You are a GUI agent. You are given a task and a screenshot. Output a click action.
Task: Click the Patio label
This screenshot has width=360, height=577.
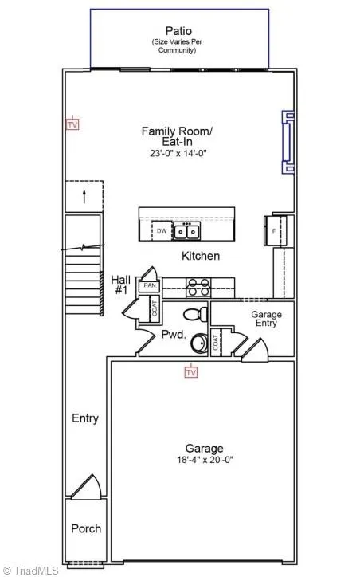pos(178,31)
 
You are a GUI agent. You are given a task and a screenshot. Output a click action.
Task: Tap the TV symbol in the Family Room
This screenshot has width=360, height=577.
pos(72,124)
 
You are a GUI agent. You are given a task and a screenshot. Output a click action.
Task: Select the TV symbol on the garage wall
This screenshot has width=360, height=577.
pos(191,372)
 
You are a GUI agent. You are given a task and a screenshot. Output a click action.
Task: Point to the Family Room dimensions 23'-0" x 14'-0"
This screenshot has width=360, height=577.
pos(178,153)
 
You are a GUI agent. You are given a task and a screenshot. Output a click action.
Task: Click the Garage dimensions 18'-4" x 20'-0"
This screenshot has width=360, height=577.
pos(205,460)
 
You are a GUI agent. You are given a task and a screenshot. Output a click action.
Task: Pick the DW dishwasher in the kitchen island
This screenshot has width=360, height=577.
pos(162,231)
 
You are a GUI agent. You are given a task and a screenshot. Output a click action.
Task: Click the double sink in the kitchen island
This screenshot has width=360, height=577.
pos(187,231)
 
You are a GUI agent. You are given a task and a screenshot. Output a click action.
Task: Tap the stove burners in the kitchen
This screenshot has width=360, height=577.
pos(198,288)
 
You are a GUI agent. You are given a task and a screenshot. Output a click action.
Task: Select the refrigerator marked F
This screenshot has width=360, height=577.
pos(275,231)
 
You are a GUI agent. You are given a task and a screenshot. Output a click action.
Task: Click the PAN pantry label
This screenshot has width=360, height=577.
pos(149,285)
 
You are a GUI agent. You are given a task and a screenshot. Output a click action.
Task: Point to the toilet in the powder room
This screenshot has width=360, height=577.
pos(196,314)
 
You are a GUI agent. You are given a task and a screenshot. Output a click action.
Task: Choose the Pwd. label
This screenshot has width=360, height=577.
pos(174,335)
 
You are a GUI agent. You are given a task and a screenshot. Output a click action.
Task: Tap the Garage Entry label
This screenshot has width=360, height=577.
pos(267,319)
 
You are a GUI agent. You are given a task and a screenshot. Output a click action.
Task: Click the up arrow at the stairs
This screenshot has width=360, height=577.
pos(84,197)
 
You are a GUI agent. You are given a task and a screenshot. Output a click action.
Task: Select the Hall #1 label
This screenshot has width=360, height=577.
pos(120,285)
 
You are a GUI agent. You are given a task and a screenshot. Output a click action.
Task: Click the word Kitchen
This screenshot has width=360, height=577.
pos(201,256)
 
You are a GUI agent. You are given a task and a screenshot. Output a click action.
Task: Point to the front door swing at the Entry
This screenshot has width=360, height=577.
pos(87,487)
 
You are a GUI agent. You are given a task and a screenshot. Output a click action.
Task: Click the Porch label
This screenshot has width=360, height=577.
pos(86,529)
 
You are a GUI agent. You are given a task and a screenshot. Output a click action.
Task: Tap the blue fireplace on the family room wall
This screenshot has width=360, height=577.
pos(288,142)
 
